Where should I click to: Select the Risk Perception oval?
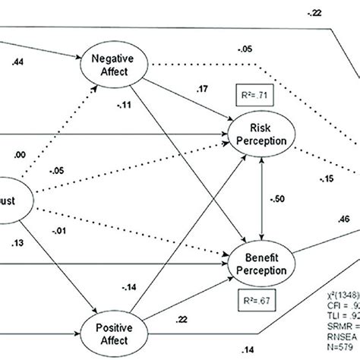coord(262,134)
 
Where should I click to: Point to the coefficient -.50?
coord(279,198)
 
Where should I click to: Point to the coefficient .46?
coord(344,219)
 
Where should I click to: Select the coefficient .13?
coord(19,243)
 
